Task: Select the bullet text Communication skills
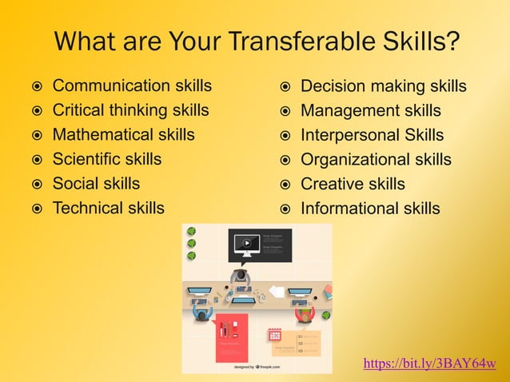coord(132,86)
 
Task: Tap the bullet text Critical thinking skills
coord(130,110)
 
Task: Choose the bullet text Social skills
coord(96,184)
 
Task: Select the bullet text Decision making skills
coord(383,86)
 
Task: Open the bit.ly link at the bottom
coord(429,364)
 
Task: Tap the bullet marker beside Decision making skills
coord(286,86)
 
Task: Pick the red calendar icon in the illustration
coord(274,335)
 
